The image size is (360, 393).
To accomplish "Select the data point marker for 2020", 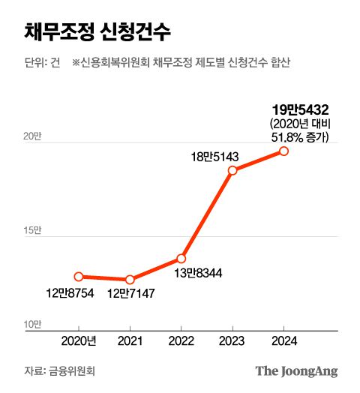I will click(x=79, y=277).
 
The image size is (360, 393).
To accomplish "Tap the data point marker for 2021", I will click(x=130, y=280).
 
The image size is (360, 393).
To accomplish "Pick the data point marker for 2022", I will click(x=181, y=258).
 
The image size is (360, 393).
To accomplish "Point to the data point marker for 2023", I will click(x=232, y=170).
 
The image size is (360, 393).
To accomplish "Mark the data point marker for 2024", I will click(x=283, y=151).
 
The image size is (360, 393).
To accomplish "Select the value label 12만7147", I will click(x=130, y=293).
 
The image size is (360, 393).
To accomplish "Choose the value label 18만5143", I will click(x=214, y=157).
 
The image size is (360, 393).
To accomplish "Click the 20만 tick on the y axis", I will click(x=32, y=136).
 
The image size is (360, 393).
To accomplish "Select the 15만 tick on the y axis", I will click(x=32, y=230).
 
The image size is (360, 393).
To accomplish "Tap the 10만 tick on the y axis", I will click(x=32, y=324).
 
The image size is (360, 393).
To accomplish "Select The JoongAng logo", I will click(x=296, y=370).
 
